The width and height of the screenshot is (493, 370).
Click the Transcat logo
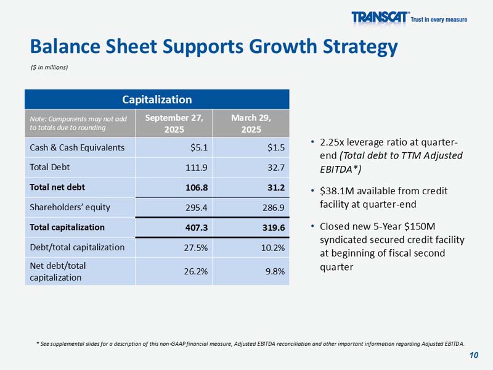pos(380,18)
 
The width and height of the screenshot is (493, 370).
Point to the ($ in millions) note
pos(49,67)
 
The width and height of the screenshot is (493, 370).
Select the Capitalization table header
pos(157,99)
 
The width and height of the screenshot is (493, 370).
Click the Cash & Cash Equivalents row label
pos(77,147)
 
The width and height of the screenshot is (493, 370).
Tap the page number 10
pos(473,355)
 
